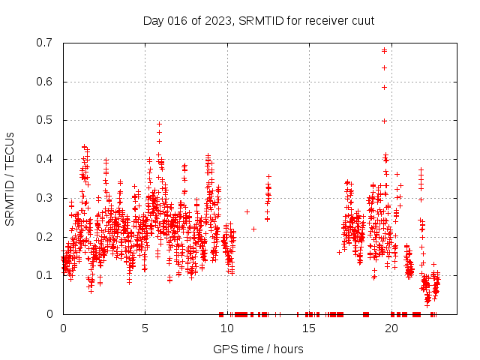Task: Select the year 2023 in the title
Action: (x=217, y=21)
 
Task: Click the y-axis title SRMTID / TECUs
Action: (x=10, y=178)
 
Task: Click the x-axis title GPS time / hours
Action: (x=258, y=349)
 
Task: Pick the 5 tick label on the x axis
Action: (x=145, y=328)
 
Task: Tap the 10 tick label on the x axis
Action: (x=227, y=328)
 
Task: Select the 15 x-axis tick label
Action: (x=309, y=328)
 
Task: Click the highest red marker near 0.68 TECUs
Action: (x=384, y=50)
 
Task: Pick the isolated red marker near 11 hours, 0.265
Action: (x=247, y=211)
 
